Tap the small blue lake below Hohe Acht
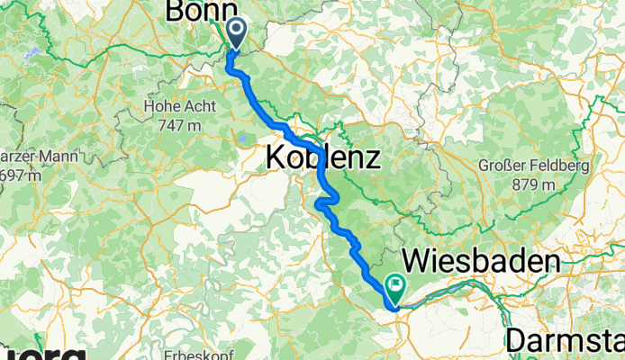pos(242,139)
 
